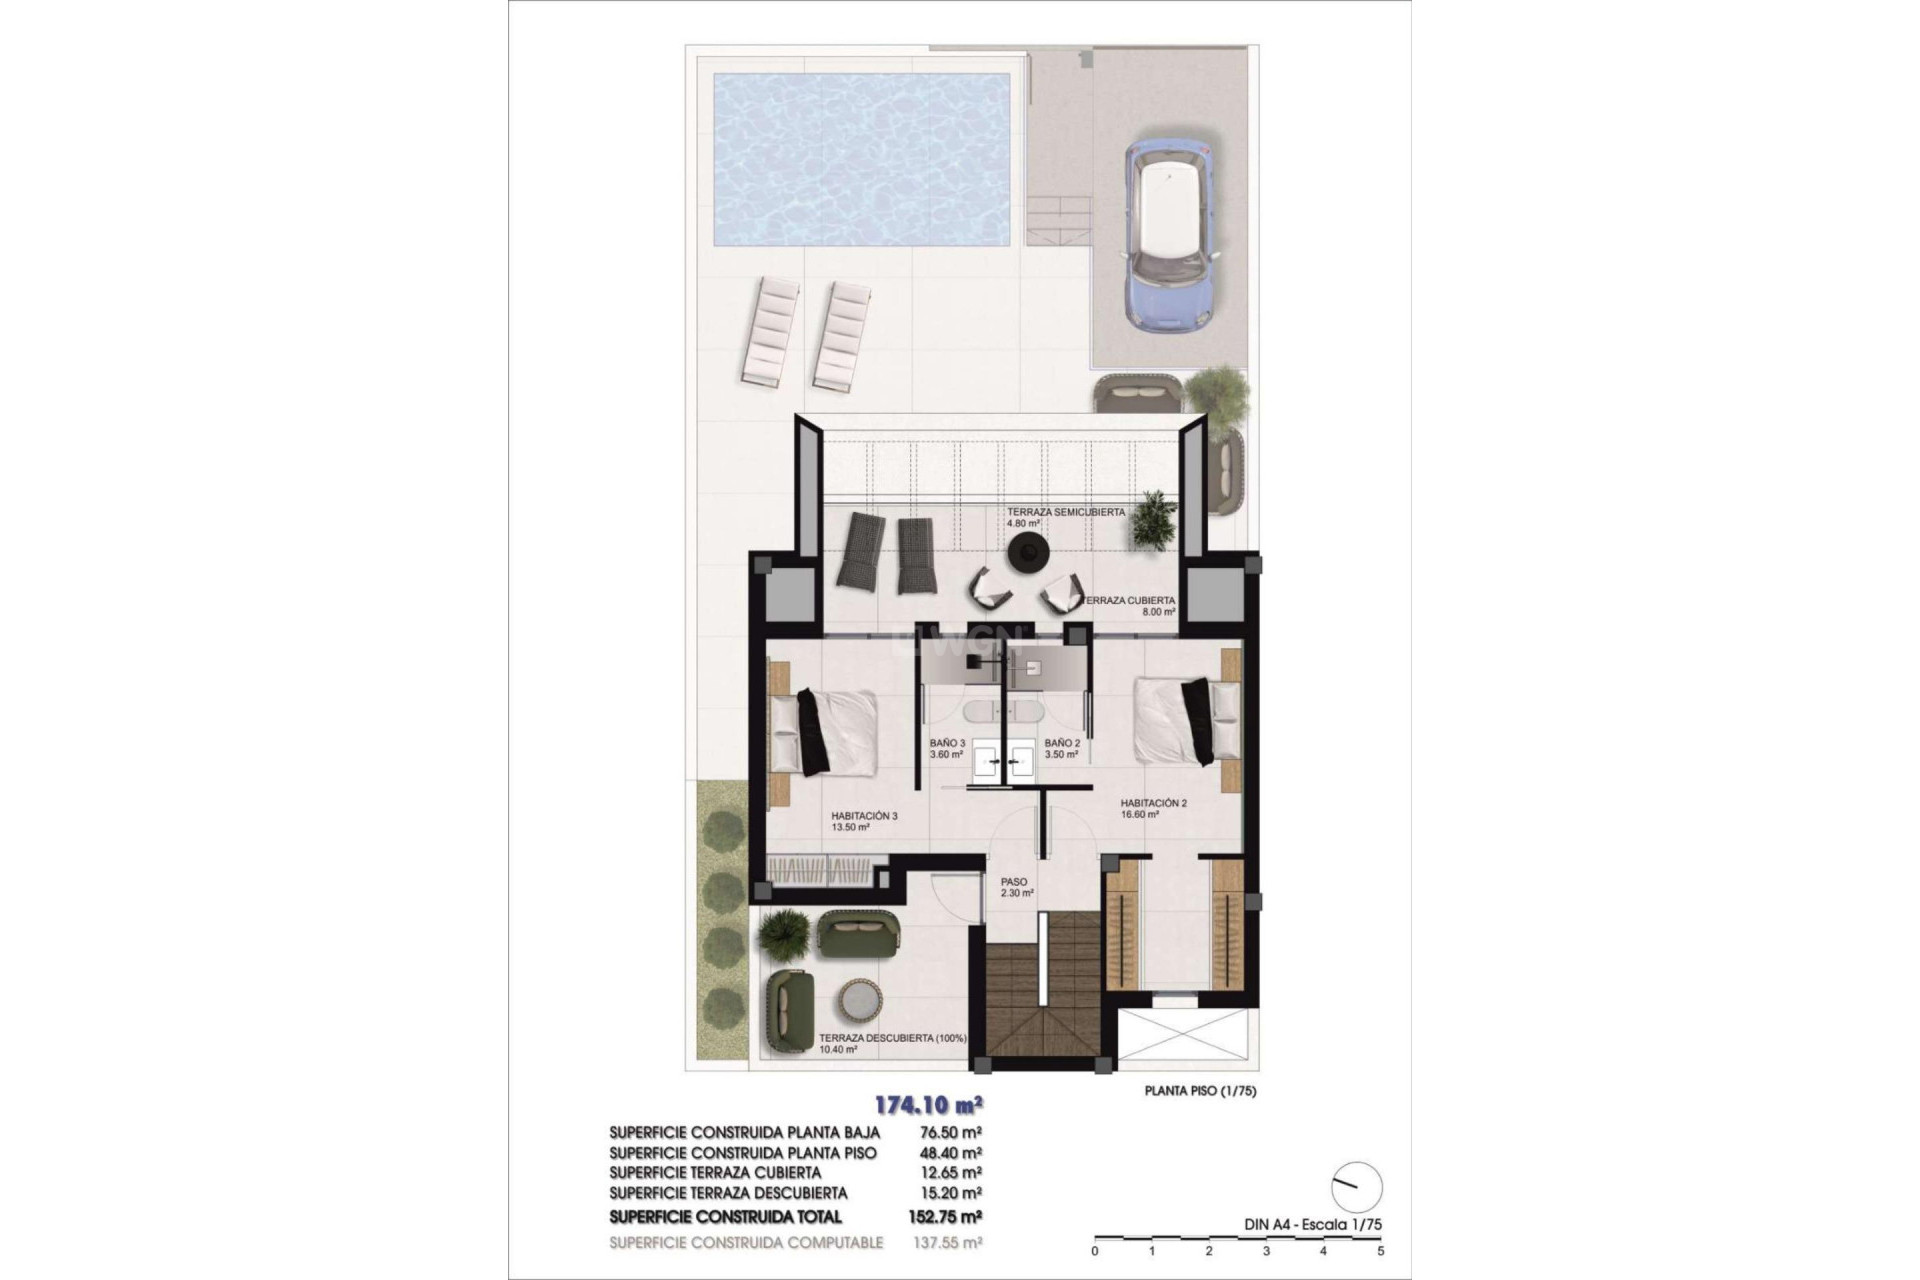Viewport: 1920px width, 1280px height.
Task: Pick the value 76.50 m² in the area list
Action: (949, 1132)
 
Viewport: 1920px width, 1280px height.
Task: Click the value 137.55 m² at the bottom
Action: (949, 1242)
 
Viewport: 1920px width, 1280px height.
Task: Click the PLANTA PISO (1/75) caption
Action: (1200, 1091)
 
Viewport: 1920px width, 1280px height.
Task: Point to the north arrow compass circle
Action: (1358, 1187)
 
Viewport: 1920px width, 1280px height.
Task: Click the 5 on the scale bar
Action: (1381, 1250)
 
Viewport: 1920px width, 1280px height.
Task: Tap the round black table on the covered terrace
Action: (1027, 552)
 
